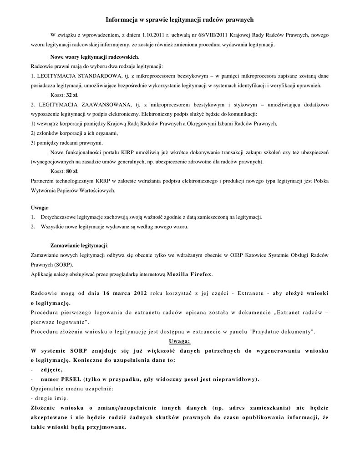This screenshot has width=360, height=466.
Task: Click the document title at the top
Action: coord(180,20)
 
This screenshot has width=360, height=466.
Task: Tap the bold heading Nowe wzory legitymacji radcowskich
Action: coord(95,57)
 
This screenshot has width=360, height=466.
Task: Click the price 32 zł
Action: coord(72,95)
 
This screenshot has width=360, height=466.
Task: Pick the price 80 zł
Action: coord(72,171)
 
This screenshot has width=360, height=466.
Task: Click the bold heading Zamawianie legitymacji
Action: coord(79,245)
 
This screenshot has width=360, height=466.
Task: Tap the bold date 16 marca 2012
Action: coord(125,293)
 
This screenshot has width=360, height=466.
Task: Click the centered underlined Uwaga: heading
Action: coord(180,340)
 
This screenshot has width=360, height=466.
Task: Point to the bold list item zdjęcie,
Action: coord(52,369)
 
